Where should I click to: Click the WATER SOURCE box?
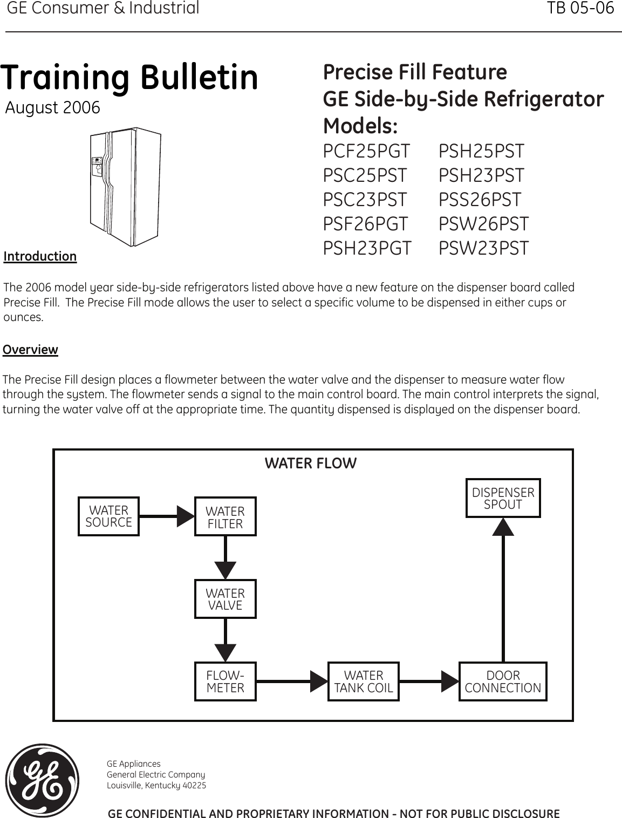tap(108, 516)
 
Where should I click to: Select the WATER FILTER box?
tap(225, 517)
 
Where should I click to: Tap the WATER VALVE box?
tap(225, 599)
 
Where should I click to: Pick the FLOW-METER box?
tap(225, 681)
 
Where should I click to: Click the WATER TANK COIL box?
tap(364, 681)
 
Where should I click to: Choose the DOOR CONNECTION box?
tap(503, 681)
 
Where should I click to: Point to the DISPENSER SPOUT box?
tap(503, 499)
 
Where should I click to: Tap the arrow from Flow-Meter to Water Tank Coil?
tap(292, 681)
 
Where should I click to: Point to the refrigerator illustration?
tap(125, 186)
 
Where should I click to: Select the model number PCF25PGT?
tap(366, 152)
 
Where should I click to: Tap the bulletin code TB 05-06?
tap(580, 9)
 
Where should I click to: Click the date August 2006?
tap(52, 108)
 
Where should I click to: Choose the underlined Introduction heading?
tap(40, 256)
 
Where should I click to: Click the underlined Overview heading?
tap(30, 350)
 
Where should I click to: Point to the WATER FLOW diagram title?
tap(310, 463)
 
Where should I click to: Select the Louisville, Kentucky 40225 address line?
tap(156, 785)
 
